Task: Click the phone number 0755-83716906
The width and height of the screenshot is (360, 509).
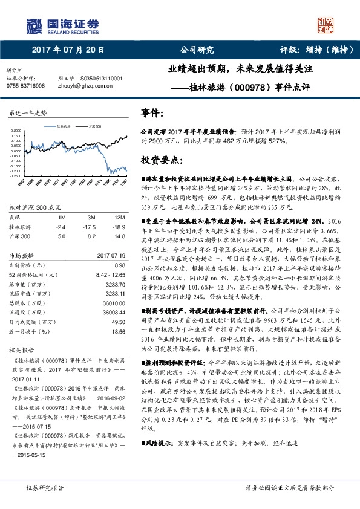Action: tap(25, 86)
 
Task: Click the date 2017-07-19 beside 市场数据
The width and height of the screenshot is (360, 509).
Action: tap(110, 256)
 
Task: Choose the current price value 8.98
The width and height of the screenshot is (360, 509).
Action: tap(119, 265)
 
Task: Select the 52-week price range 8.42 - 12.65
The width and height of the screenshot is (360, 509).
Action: tap(110, 274)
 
